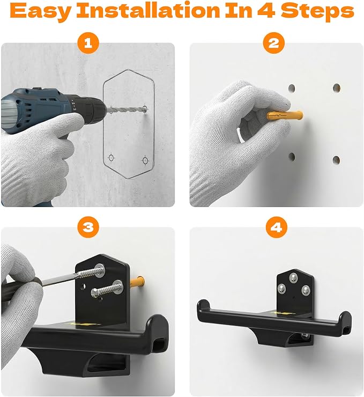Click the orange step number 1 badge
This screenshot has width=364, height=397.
88,43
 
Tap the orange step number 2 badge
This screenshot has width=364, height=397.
274,43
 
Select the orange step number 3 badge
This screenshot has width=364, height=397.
88,226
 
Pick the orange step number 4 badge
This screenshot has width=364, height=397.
277,227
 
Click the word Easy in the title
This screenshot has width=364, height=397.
40,11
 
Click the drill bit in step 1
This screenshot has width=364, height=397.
125,109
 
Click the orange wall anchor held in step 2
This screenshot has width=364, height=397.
285,115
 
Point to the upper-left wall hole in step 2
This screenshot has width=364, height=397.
292,88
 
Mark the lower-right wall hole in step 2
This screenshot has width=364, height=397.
336,160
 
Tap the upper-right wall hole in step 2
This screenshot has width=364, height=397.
337,88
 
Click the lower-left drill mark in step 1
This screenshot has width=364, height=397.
111,158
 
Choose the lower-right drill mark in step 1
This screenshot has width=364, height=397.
145,160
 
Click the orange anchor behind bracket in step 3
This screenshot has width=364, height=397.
138,282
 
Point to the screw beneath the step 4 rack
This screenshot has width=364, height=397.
305,336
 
